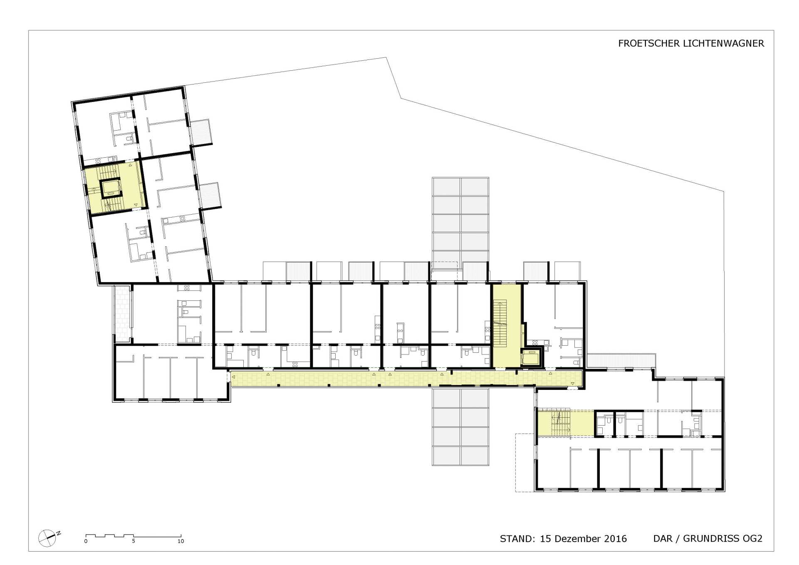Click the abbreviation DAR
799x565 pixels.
pyautogui.click(x=663, y=539)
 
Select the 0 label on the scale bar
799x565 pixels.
pyautogui.click(x=86, y=541)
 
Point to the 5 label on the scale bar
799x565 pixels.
pyautogui.click(x=134, y=541)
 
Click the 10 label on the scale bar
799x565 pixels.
pyautogui.click(x=181, y=541)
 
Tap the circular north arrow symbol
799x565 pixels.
pyautogui.click(x=47, y=538)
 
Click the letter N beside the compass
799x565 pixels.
pyautogui.click(x=59, y=533)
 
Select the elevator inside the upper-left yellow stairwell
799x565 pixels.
pyautogui.click(x=111, y=188)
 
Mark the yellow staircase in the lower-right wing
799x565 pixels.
pyautogui.click(x=566, y=423)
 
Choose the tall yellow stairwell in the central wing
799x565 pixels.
pyautogui.click(x=506, y=326)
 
